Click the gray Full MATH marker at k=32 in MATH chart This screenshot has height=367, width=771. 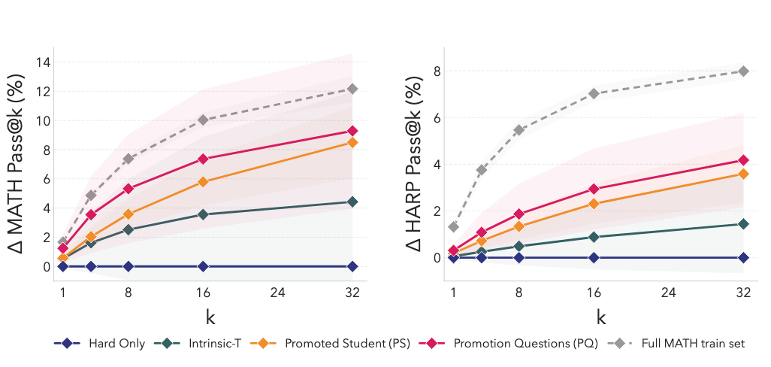click(352, 89)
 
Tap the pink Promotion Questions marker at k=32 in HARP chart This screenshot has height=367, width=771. click(743, 160)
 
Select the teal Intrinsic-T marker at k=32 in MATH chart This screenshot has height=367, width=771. click(352, 202)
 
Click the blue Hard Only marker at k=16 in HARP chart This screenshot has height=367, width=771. click(594, 257)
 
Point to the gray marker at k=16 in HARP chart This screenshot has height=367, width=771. click(594, 93)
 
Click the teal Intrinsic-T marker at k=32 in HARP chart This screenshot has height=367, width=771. click(743, 223)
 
